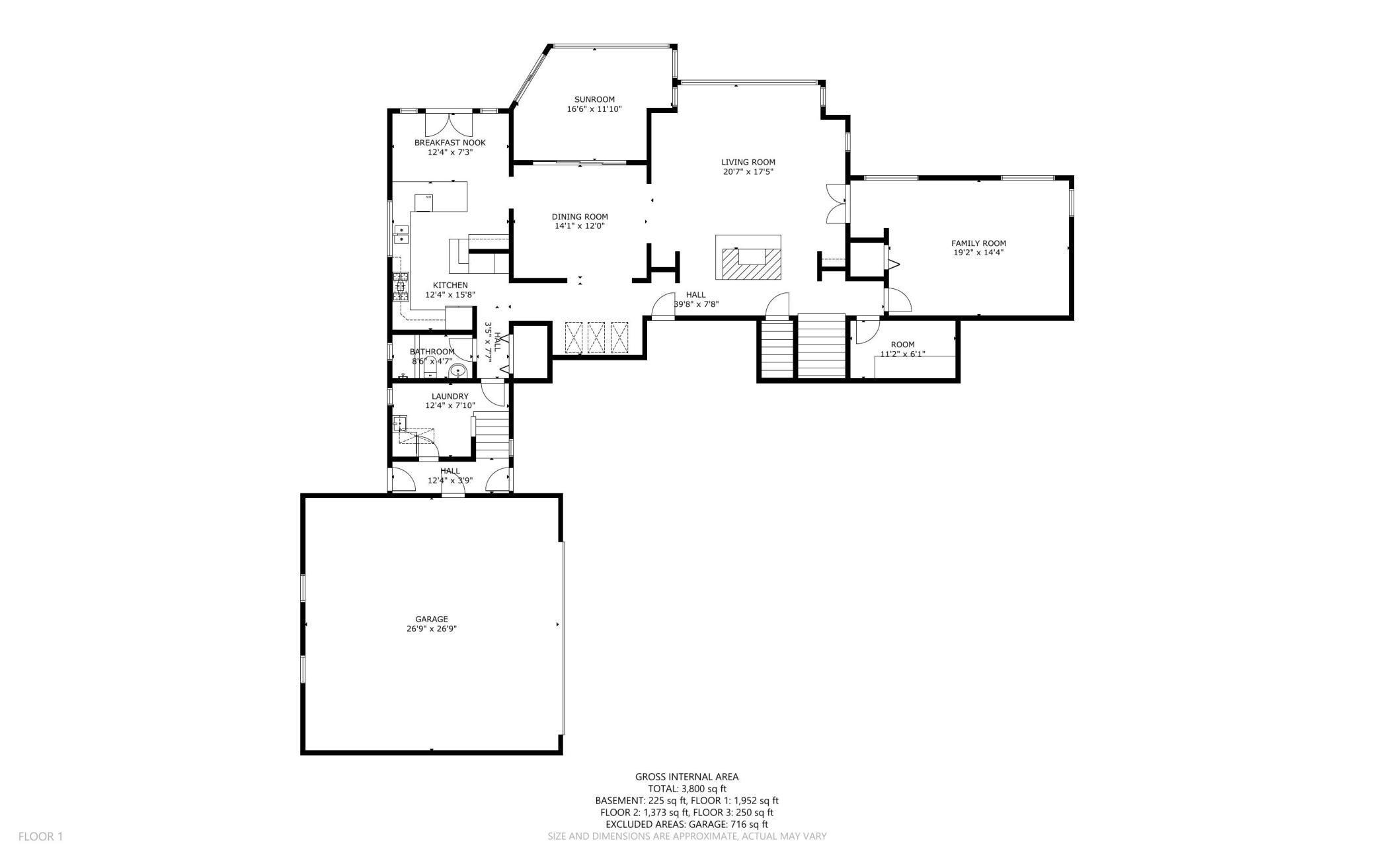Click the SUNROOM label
coord(594,100)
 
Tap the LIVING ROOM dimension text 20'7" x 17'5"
coord(748,172)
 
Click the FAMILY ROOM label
coord(978,243)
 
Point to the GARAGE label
coord(431,620)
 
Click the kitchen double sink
coord(401,235)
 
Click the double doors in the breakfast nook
coord(449,124)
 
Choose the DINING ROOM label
coord(580,217)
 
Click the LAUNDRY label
coord(450,397)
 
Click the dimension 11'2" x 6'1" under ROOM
coord(902,354)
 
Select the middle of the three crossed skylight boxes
coord(596,338)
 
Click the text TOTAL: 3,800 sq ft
coord(687,789)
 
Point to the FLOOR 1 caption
coord(40,837)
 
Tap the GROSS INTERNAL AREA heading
coord(687,777)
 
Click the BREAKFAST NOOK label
coord(450,143)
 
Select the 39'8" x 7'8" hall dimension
coord(695,304)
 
